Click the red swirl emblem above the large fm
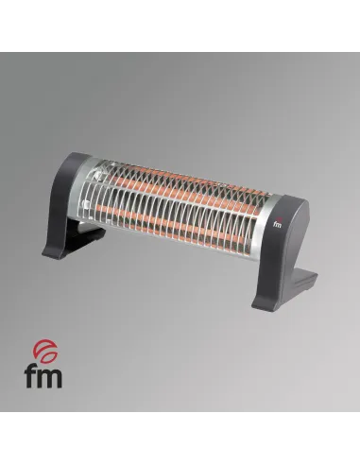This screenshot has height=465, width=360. [45, 352]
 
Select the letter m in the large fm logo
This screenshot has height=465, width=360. [49, 379]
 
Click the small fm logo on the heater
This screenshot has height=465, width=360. [277, 223]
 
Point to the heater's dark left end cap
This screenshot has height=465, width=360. [64, 201]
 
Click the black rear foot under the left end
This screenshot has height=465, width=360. [87, 234]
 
